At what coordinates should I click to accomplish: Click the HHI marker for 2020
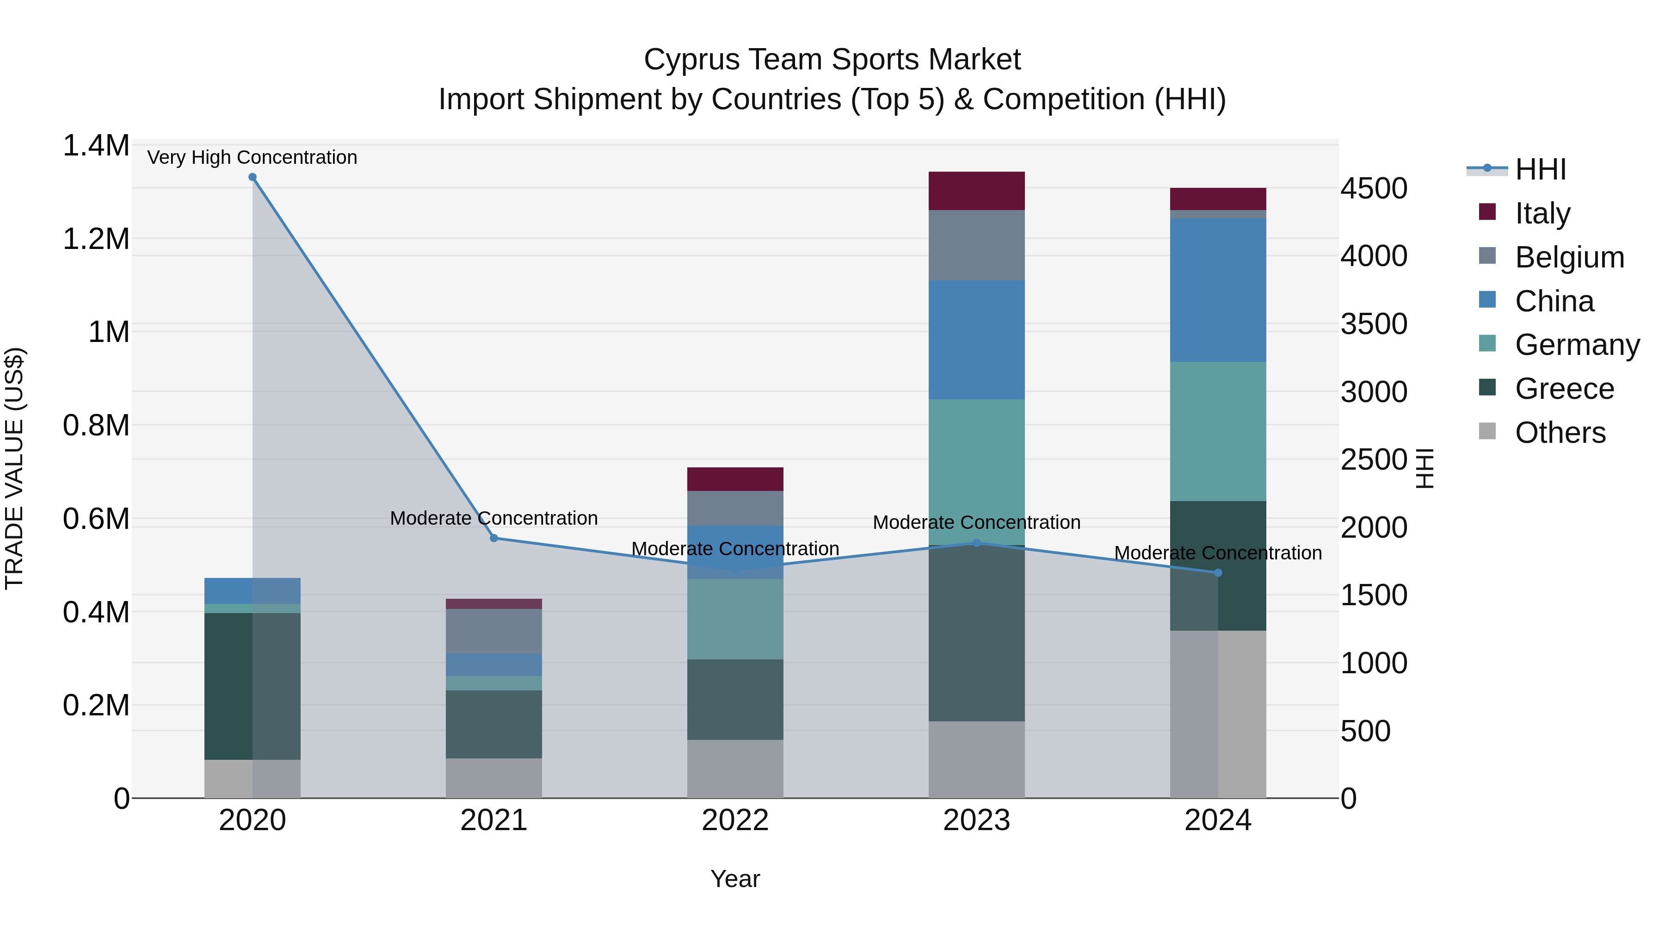point(253,177)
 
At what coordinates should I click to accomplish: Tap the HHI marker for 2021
point(494,538)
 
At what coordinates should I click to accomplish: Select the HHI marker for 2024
point(1218,573)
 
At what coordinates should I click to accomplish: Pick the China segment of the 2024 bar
point(1218,290)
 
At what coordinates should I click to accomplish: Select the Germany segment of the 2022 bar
point(735,619)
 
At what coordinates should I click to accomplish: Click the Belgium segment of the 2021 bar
point(494,631)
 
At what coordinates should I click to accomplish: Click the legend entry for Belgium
point(1569,257)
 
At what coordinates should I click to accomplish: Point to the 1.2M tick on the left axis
point(96,239)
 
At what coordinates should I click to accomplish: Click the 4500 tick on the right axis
point(1374,189)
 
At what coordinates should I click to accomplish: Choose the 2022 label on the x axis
point(735,820)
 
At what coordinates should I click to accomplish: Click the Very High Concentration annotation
point(252,158)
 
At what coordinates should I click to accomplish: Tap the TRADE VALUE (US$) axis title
point(14,468)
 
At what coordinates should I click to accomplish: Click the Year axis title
point(735,879)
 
